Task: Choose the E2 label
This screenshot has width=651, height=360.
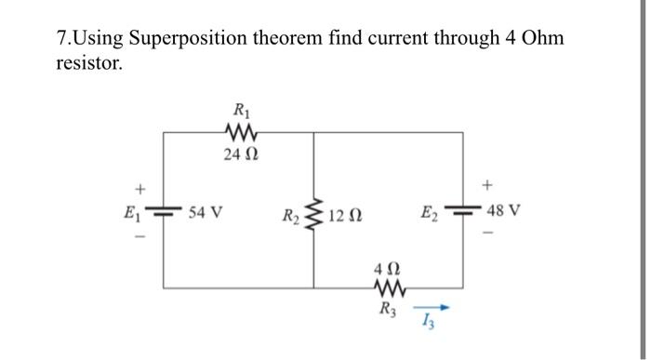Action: coord(432,211)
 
